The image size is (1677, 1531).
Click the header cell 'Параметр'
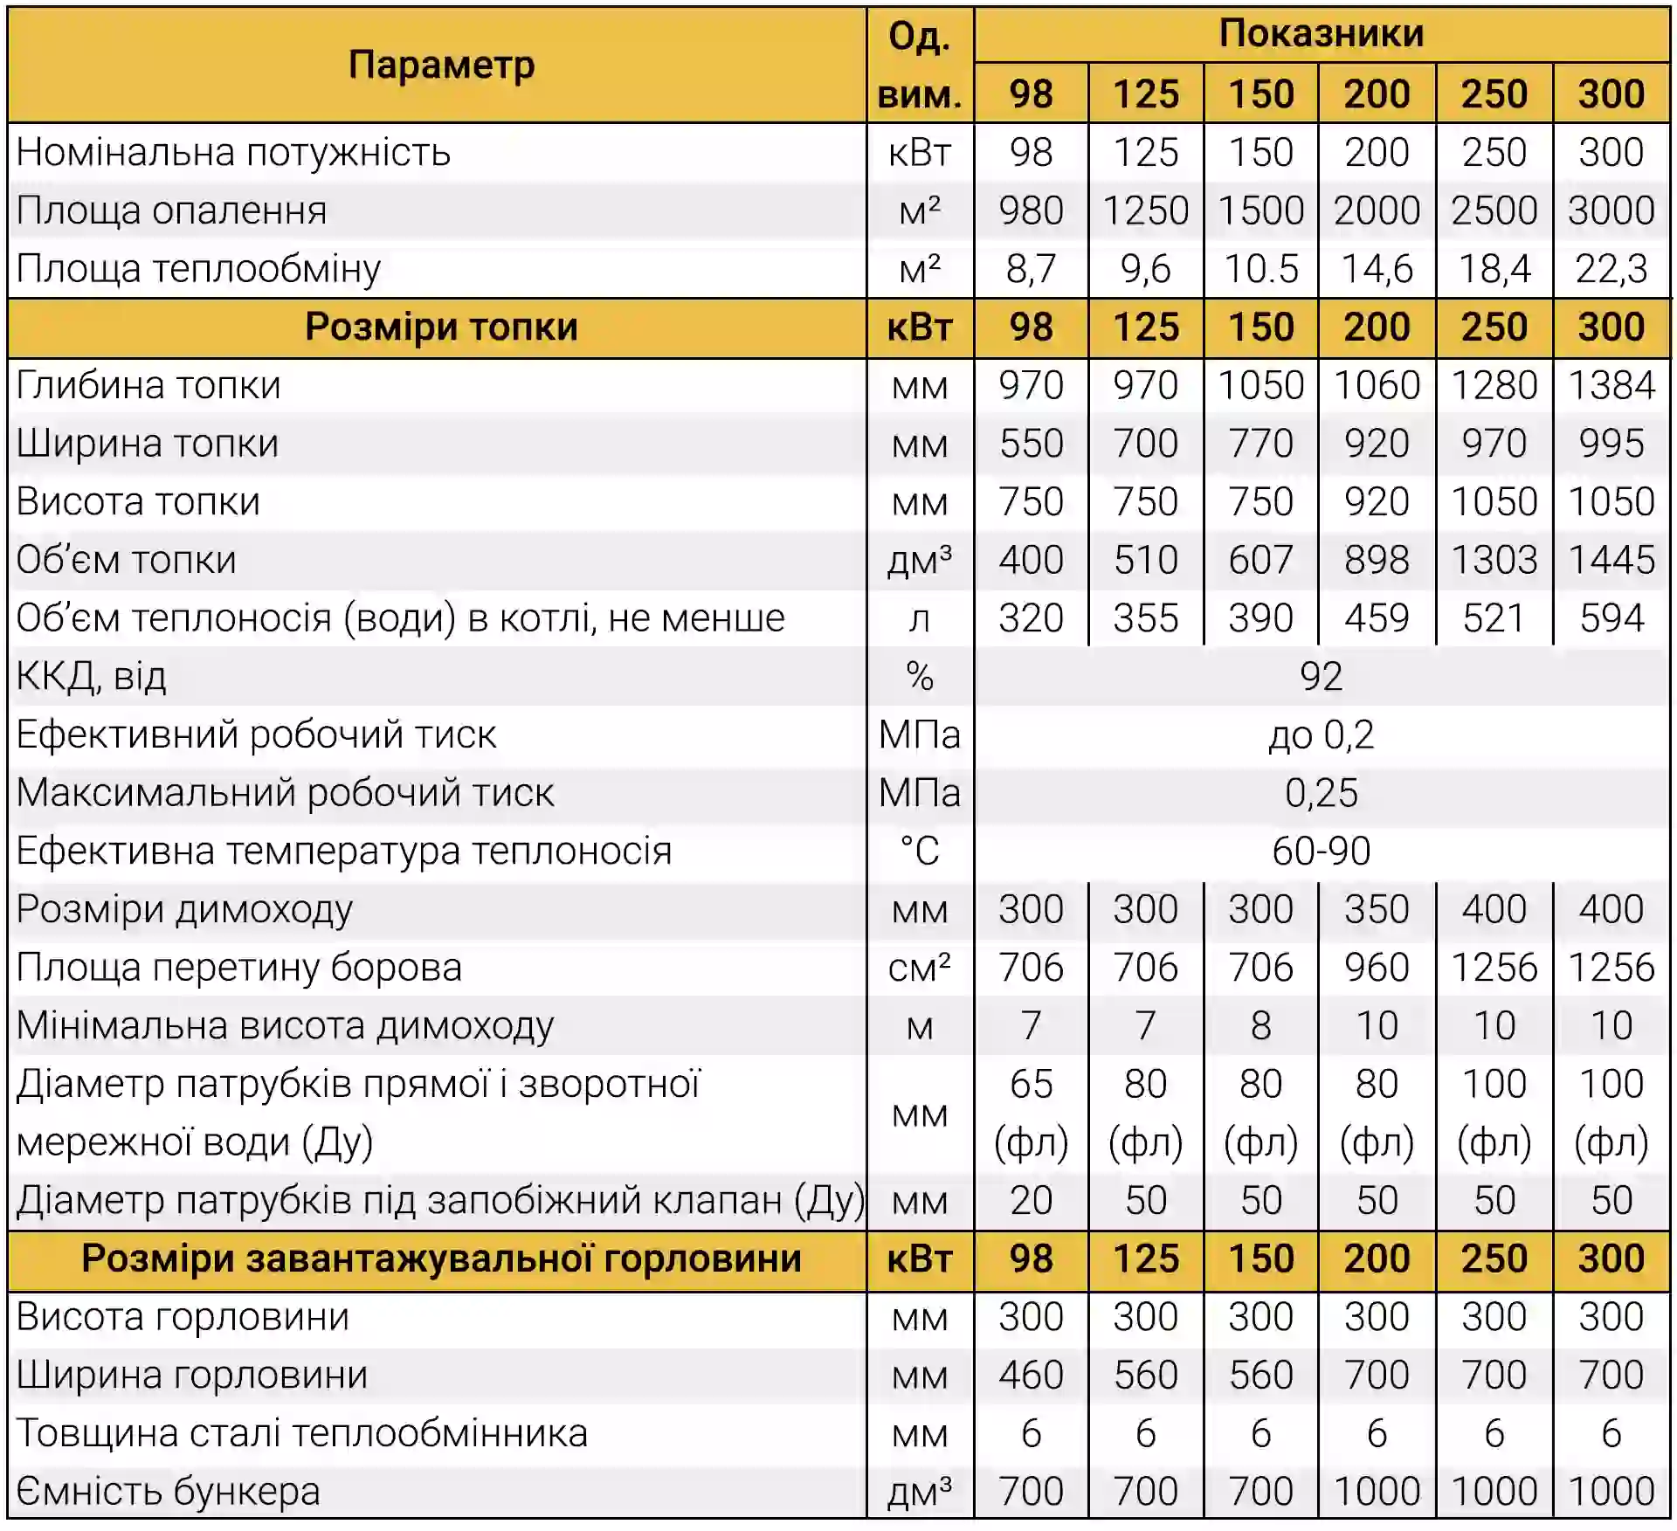coord(441,66)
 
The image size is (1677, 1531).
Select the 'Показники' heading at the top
coord(1321,34)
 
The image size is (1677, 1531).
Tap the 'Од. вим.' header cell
coord(919,66)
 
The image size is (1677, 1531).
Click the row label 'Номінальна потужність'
coord(233,153)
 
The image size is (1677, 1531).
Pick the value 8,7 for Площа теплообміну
coord(1031,269)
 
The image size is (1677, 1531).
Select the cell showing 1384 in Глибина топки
coord(1611,385)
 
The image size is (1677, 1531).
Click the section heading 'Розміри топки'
coord(441,328)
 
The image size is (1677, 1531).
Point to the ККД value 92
coord(1321,677)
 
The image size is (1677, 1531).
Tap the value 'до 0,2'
coord(1321,735)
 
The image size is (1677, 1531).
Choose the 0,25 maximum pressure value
coord(1321,793)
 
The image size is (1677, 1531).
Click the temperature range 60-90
coord(1321,852)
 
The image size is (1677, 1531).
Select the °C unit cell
coord(919,852)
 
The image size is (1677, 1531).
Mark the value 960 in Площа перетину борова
coord(1377,968)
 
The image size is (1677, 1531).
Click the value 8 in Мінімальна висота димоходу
coord(1260,1026)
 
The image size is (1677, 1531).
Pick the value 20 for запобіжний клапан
coord(1031,1201)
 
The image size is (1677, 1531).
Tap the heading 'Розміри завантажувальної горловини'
coord(441,1259)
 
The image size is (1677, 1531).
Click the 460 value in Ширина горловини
coord(1031,1376)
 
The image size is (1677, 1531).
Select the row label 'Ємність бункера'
coord(168,1492)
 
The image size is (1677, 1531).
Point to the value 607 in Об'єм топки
coord(1260,560)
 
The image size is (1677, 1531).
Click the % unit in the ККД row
coord(919,677)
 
